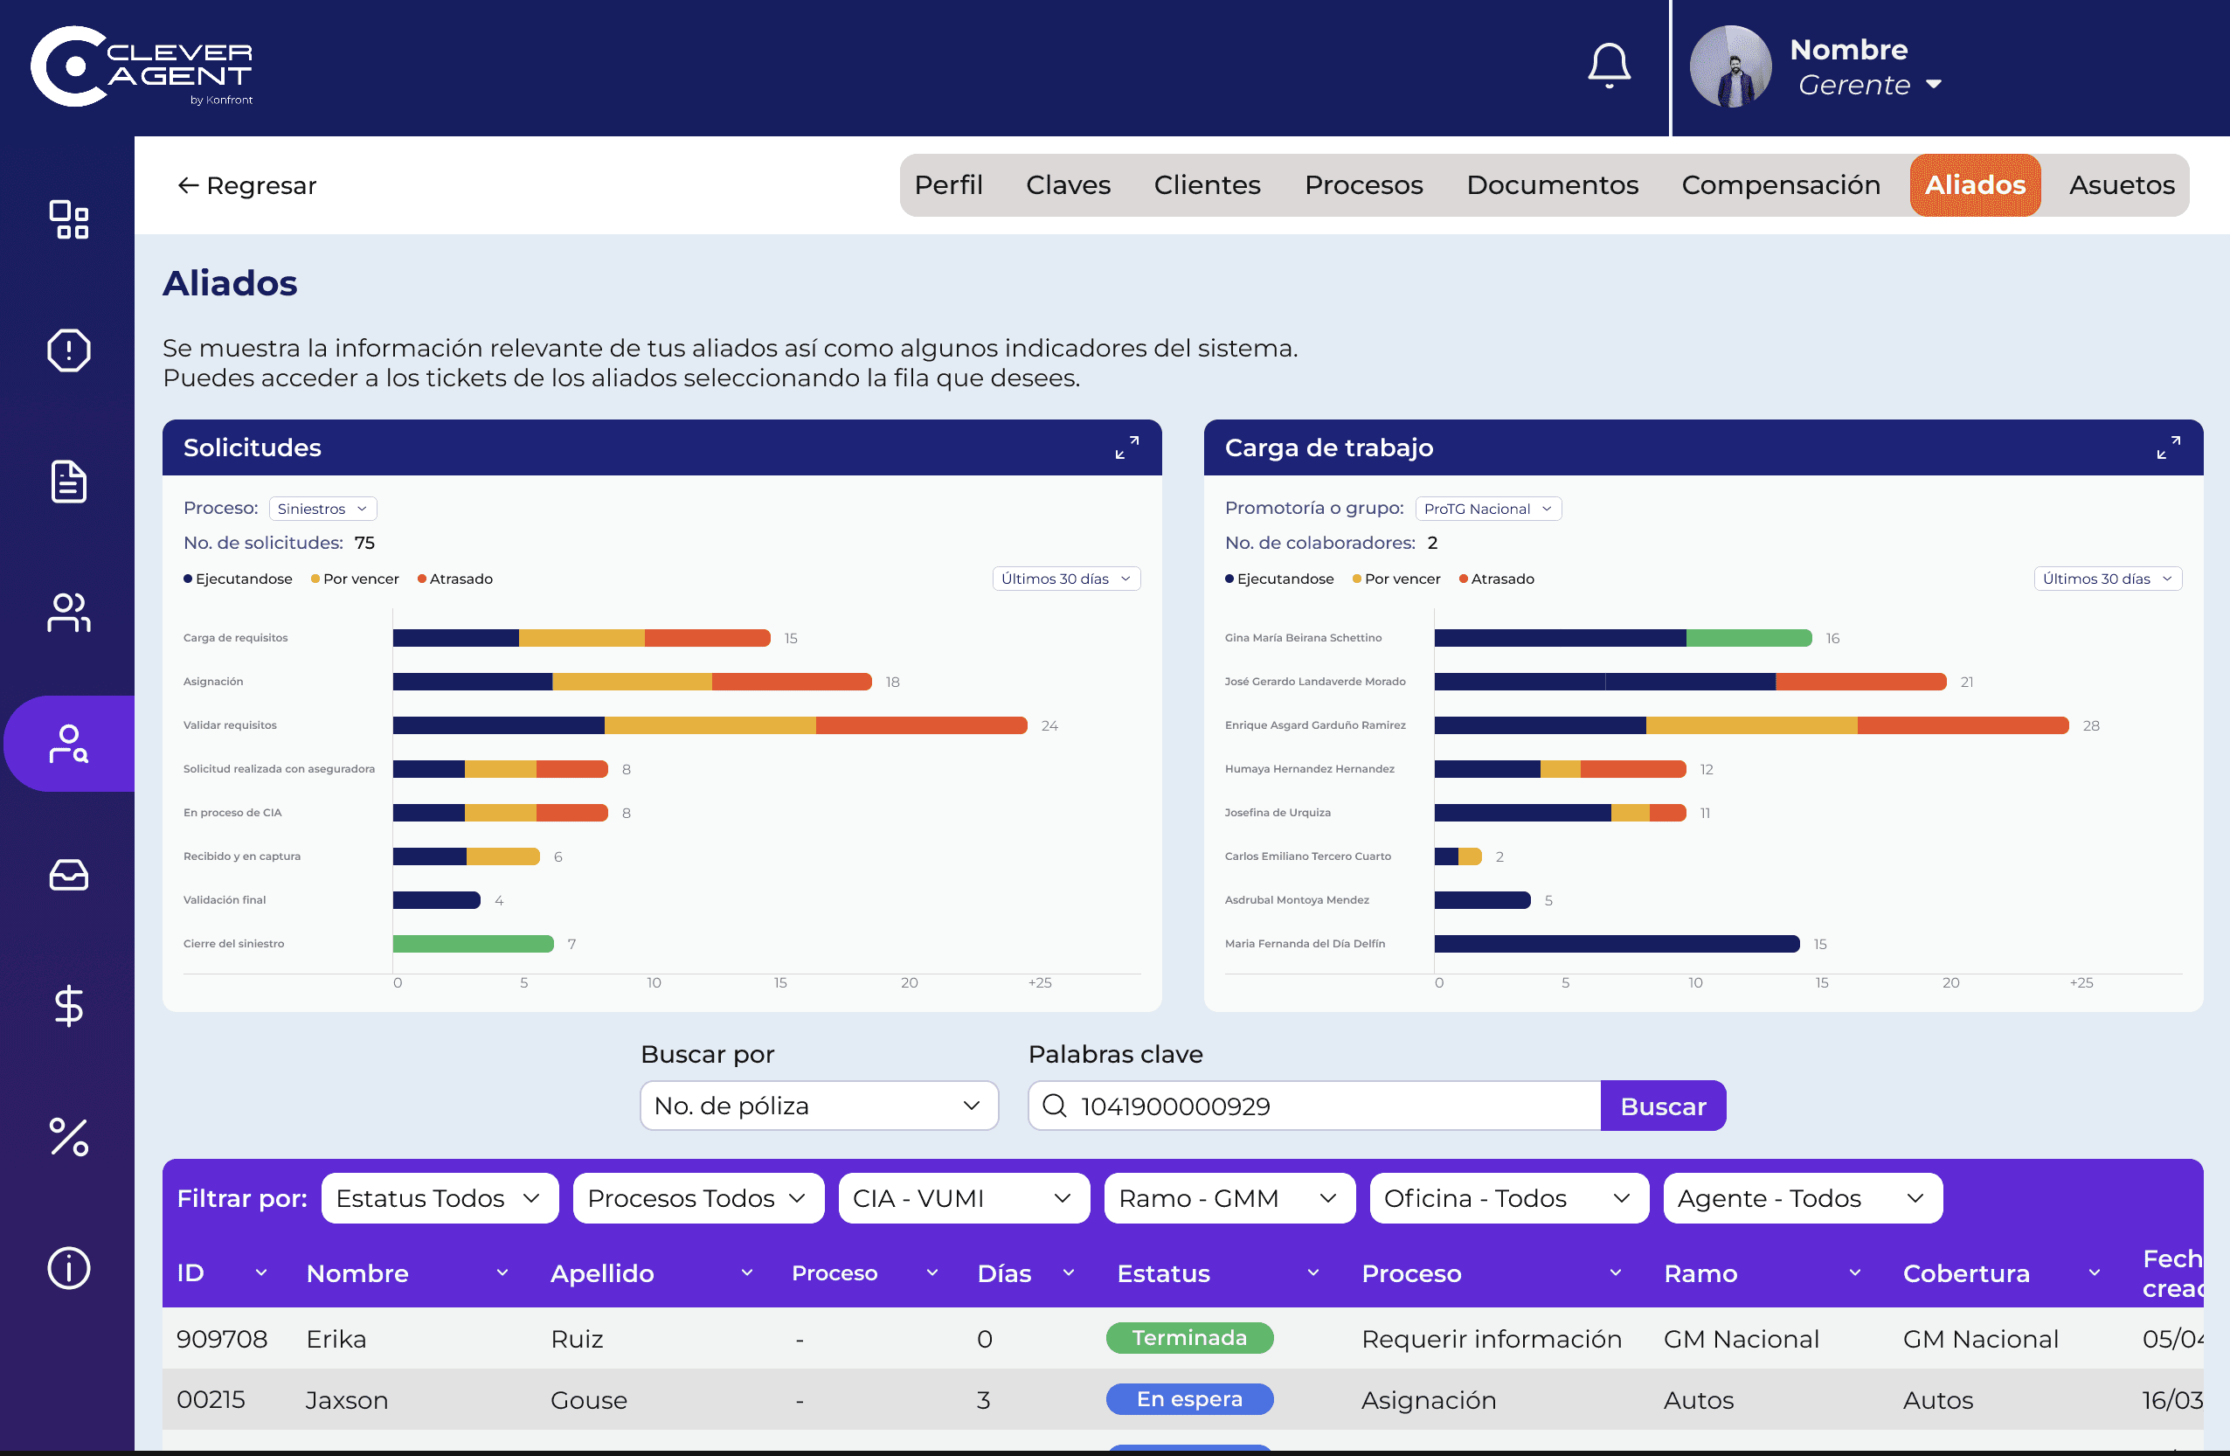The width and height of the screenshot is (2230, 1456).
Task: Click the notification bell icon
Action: click(x=1609, y=66)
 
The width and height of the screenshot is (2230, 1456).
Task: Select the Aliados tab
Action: click(x=1975, y=184)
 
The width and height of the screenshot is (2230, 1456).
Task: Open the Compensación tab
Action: click(x=1780, y=184)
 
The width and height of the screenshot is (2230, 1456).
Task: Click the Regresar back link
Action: click(x=247, y=185)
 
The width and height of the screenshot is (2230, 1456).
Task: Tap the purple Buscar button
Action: click(x=1663, y=1106)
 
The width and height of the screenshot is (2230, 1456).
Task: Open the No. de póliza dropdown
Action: click(x=819, y=1106)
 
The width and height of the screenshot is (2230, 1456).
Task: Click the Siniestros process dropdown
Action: click(x=322, y=508)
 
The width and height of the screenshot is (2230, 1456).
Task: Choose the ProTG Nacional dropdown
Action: click(x=1488, y=508)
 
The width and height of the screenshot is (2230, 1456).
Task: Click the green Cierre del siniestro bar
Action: click(x=473, y=944)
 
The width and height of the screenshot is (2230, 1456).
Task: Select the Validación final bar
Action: click(x=437, y=899)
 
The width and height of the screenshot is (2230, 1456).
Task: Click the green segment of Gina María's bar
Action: click(x=1749, y=638)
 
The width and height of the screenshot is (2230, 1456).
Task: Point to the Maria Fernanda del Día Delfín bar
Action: click(x=1617, y=944)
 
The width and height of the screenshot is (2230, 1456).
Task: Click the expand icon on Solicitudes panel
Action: click(x=1127, y=447)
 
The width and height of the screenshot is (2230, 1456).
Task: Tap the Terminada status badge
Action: click(x=1189, y=1338)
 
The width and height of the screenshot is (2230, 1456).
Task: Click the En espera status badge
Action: click(x=1189, y=1399)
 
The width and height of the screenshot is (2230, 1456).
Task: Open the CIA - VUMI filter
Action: click(x=963, y=1197)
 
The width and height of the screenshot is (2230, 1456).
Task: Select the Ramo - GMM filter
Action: click(x=1229, y=1197)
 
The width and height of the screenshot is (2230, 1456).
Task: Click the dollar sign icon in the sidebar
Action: click(x=68, y=1006)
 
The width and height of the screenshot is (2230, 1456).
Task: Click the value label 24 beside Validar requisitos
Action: click(x=1049, y=725)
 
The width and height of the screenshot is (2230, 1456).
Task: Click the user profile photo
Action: click(x=1729, y=66)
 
